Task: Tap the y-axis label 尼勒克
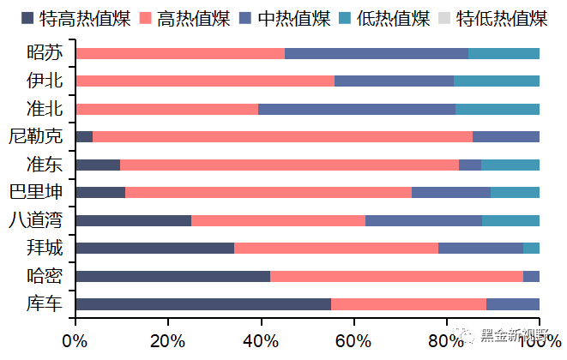click(35, 136)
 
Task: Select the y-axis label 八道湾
click(35, 220)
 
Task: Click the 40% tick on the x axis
click(261, 340)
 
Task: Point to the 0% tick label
click(75, 340)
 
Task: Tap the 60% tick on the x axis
click(353, 340)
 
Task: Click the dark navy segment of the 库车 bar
click(203, 304)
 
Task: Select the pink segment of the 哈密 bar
click(396, 276)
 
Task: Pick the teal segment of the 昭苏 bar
click(504, 53)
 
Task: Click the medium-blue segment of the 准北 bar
click(357, 109)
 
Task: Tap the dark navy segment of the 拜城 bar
click(154, 249)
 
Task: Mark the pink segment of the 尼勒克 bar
click(282, 136)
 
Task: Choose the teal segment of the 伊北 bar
click(497, 81)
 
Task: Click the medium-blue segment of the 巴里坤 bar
click(451, 192)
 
